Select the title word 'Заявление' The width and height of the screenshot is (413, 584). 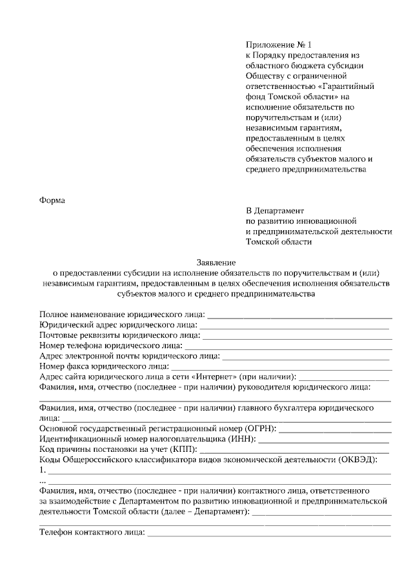(216, 262)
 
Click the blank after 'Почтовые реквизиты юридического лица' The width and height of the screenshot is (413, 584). (296, 336)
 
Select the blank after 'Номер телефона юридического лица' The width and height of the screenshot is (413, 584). (288, 346)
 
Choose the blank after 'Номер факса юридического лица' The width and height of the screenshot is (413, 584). (281, 367)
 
